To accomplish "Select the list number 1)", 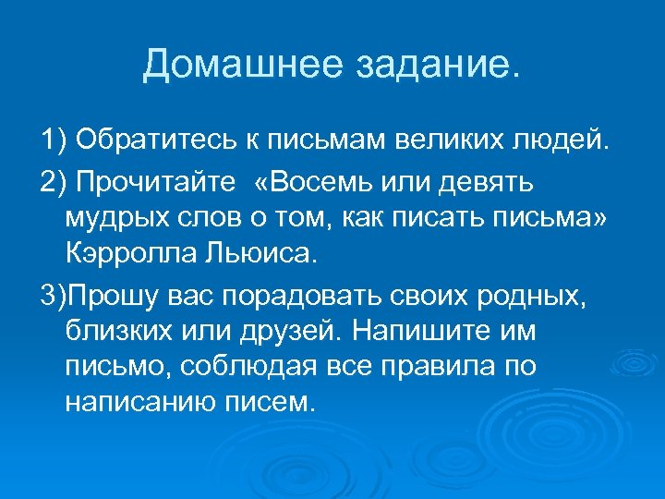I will (53, 140).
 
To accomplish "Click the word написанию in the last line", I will (144, 399).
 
